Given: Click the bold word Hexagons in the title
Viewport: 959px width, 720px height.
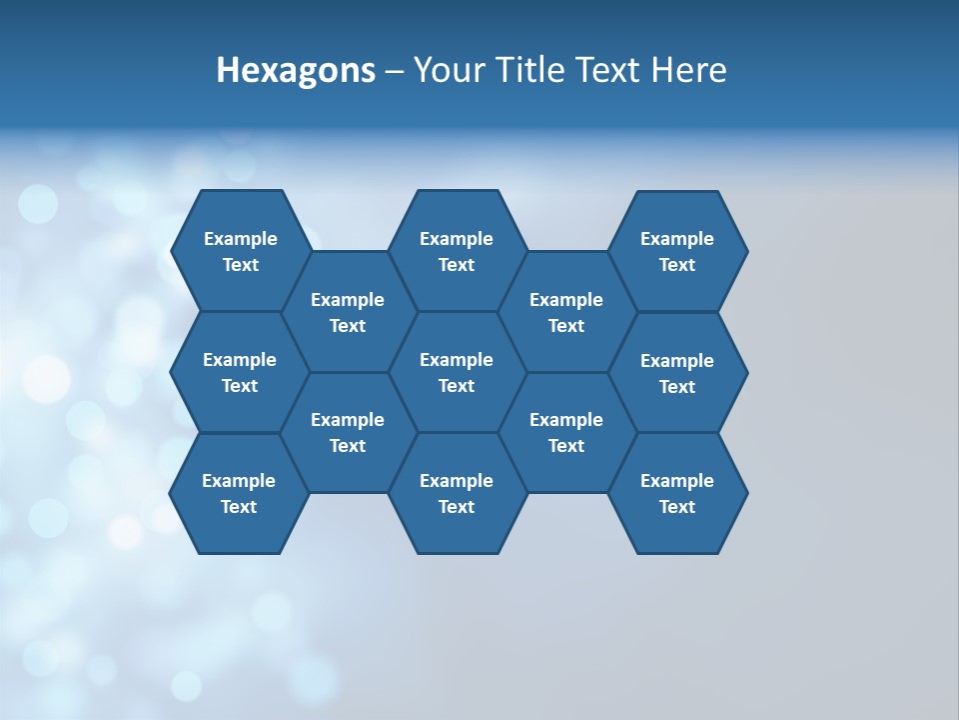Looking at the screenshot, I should pos(296,71).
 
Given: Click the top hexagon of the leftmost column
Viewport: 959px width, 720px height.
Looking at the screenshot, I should pos(240,251).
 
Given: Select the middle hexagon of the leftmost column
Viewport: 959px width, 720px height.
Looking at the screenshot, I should pos(240,372).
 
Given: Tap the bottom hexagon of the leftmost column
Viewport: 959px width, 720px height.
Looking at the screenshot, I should pos(239,493).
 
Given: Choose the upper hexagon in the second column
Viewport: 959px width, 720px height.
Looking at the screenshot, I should pos(348,312).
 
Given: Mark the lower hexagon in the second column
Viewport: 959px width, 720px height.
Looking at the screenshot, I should pos(348,432).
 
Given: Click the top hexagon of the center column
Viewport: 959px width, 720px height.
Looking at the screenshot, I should pos(457,251).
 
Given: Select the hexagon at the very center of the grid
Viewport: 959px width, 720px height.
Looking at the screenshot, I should pos(457,372).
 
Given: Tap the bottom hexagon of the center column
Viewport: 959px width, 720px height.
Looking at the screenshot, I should pos(457,493).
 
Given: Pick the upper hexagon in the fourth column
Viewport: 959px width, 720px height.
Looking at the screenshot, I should pos(566,312).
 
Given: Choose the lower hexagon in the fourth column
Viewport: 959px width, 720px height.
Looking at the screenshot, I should pos(566,432).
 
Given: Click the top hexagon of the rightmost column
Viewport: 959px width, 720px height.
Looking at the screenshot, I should pos(677,251).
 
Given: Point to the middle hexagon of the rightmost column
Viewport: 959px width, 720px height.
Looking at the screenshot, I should pos(677,373).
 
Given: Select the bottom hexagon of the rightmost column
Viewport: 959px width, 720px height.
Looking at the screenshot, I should pos(677,493).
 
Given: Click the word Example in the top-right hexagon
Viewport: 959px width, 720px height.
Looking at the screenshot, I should pos(677,239).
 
